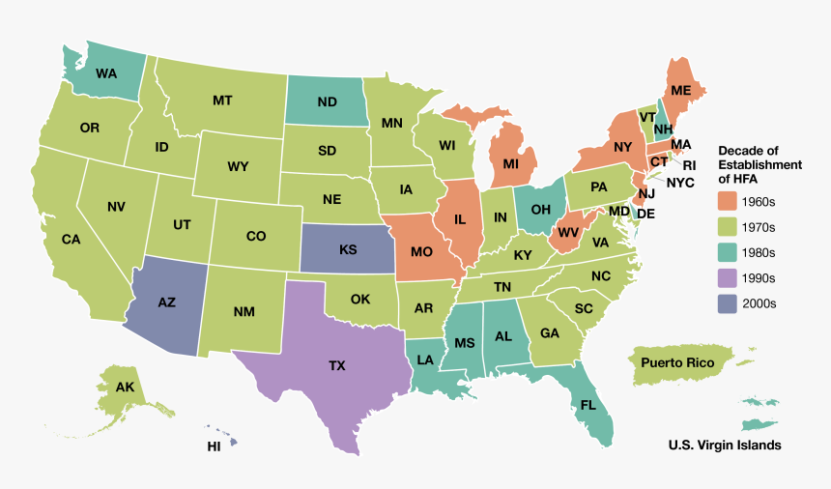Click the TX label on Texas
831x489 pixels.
[x=336, y=366]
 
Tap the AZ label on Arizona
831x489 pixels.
[x=166, y=302]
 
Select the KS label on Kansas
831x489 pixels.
[x=348, y=249]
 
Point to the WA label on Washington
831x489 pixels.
[x=106, y=72]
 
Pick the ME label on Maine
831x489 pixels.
[x=680, y=90]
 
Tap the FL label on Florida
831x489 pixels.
[x=587, y=405]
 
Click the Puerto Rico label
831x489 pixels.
[x=677, y=362]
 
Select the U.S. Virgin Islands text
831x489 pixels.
[x=724, y=446]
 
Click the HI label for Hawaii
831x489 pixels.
[x=214, y=446]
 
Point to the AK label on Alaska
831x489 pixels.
[x=125, y=388]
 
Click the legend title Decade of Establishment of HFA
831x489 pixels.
[x=759, y=164]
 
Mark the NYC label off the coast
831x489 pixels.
[x=680, y=182]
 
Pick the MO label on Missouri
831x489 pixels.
[x=420, y=252]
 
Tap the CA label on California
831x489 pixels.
[x=71, y=239]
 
